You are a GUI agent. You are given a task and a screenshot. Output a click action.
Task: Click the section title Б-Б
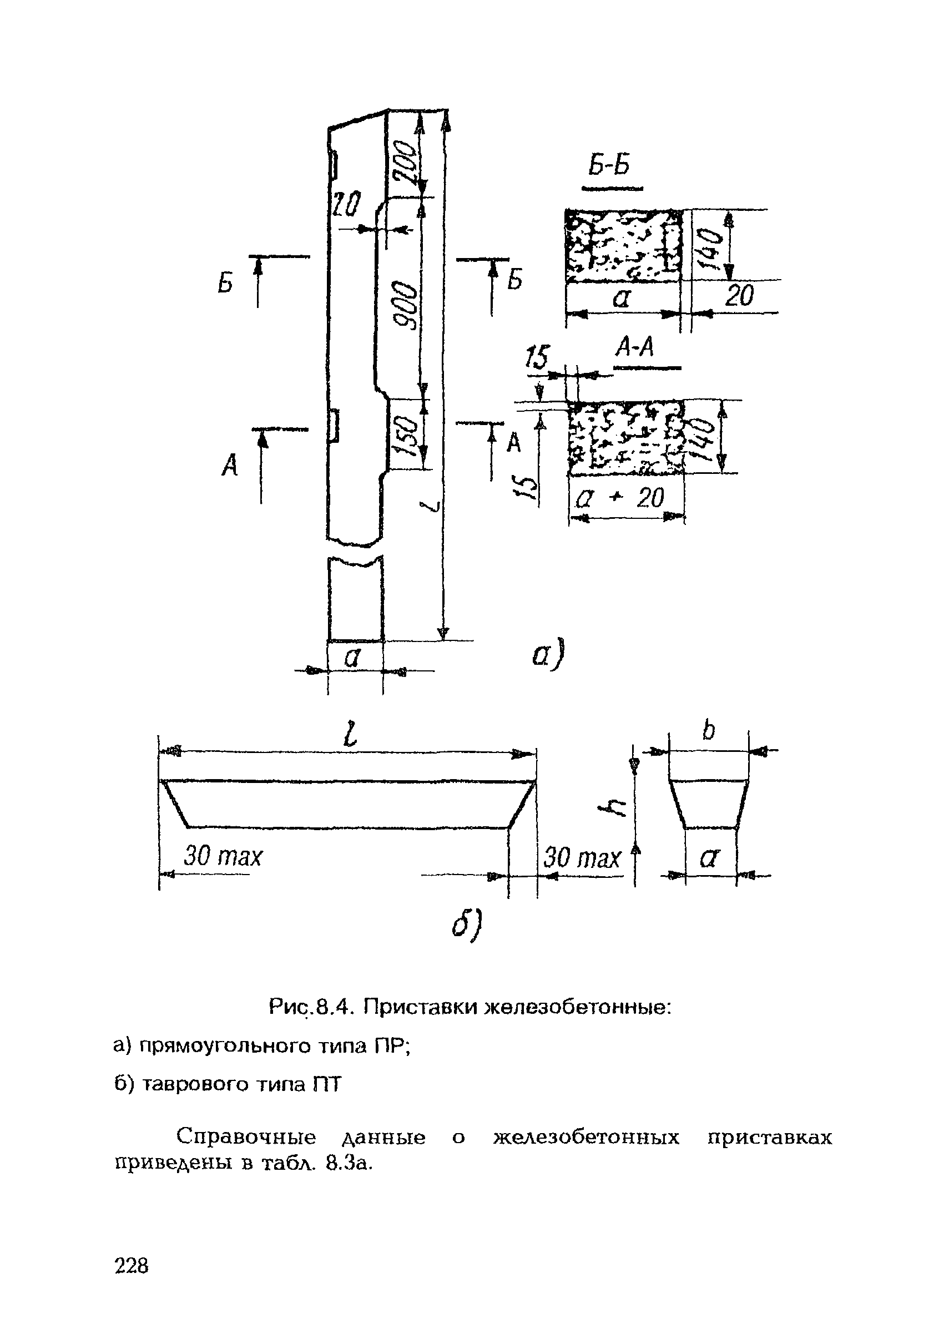(x=609, y=167)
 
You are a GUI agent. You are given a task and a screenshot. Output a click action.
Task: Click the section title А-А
(x=634, y=350)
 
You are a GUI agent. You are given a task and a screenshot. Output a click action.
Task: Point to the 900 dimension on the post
(x=403, y=305)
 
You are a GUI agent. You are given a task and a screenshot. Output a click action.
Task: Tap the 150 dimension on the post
(x=405, y=435)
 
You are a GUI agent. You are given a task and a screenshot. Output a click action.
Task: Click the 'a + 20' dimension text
(x=620, y=498)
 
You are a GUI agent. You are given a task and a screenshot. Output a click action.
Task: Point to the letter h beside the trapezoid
(x=618, y=810)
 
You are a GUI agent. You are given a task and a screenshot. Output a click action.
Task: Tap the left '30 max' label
(x=223, y=857)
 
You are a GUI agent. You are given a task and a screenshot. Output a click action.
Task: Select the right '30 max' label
(x=581, y=858)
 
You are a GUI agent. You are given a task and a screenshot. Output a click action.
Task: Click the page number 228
(x=132, y=1266)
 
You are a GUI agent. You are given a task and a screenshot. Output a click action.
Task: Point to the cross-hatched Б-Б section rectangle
(x=623, y=245)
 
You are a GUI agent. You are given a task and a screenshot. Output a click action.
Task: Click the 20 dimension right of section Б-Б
(x=739, y=297)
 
